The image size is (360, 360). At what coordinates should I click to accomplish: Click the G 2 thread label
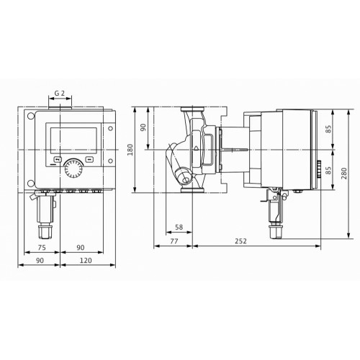(60, 93)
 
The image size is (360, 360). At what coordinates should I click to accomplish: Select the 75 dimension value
(42, 248)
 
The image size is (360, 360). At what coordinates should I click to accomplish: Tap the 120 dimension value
(86, 261)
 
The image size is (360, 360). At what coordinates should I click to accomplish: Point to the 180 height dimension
(130, 150)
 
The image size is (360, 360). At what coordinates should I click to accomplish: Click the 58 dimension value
(179, 227)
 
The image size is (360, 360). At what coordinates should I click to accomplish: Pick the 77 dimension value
(174, 241)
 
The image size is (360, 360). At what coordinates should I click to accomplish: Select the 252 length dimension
(240, 241)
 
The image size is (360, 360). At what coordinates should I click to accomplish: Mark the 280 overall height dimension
(344, 174)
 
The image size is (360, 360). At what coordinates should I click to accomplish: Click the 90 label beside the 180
(143, 127)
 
